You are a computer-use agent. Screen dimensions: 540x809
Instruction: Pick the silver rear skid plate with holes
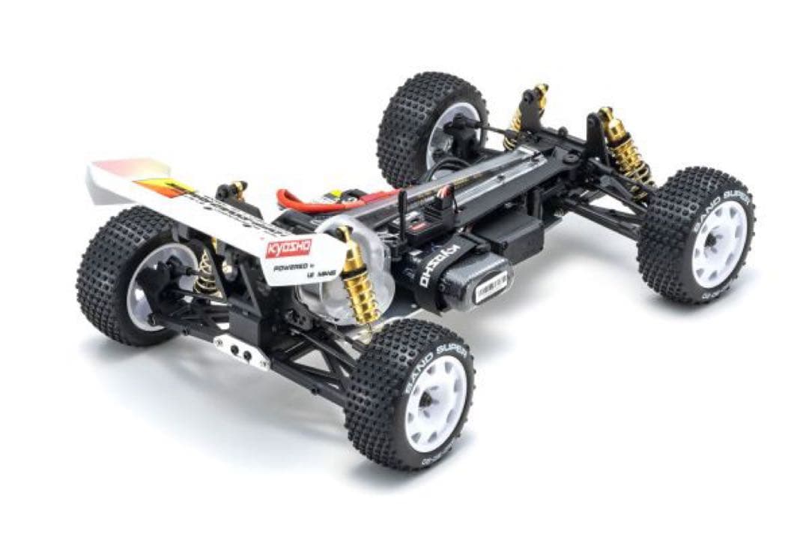point(240,351)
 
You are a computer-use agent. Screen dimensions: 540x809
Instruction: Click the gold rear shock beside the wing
point(357,281)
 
